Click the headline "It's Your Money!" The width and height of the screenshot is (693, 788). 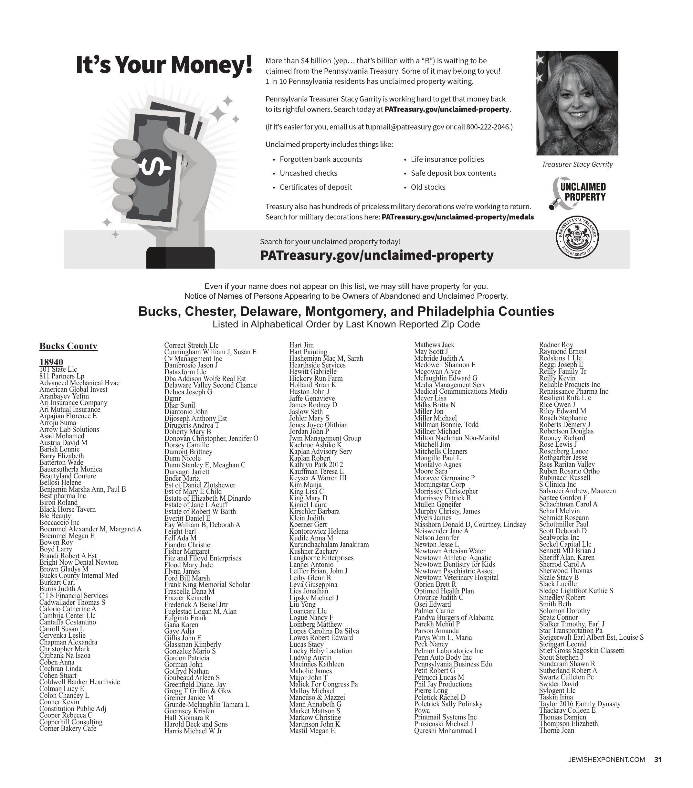164,65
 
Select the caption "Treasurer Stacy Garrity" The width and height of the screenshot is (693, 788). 577,164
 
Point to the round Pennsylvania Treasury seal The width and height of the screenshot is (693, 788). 577,237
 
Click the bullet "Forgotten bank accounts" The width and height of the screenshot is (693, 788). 321,159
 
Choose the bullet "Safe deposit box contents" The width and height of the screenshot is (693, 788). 453,173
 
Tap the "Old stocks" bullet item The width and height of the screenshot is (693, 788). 428,187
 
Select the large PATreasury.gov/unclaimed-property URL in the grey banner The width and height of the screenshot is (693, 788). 377,255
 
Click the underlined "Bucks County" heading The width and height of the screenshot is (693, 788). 68,346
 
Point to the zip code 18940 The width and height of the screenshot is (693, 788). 51,362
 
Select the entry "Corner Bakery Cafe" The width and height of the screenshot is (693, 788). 68,728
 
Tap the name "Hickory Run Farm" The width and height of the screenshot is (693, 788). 316,378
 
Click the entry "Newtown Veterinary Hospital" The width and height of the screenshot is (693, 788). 456,577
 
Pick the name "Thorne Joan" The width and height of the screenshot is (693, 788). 556,730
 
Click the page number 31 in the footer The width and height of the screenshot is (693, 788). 657,760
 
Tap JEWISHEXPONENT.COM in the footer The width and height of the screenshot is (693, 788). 606,760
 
